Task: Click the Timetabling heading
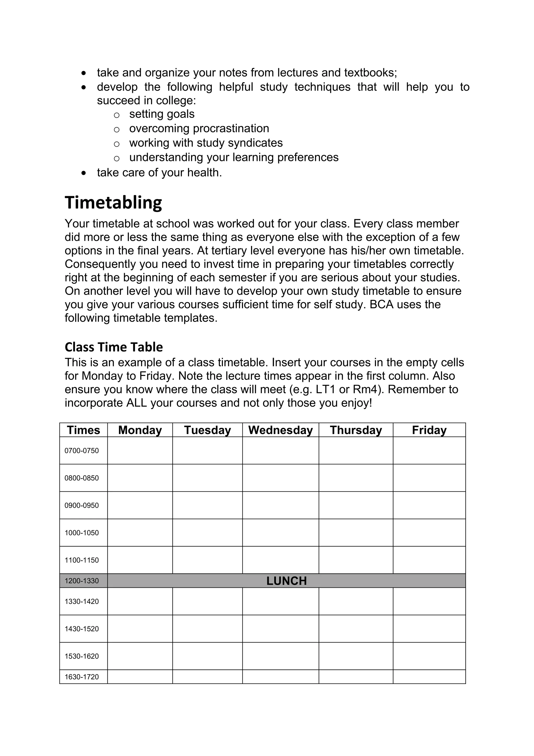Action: (113, 202)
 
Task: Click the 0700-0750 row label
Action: (82, 451)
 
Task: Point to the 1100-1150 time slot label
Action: (82, 560)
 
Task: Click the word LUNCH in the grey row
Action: (286, 581)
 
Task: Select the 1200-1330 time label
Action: (82, 581)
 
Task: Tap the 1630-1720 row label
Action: (82, 677)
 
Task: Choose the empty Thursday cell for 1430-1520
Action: (356, 629)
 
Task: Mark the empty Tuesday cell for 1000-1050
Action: (207, 532)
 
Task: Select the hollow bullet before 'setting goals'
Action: (117, 115)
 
